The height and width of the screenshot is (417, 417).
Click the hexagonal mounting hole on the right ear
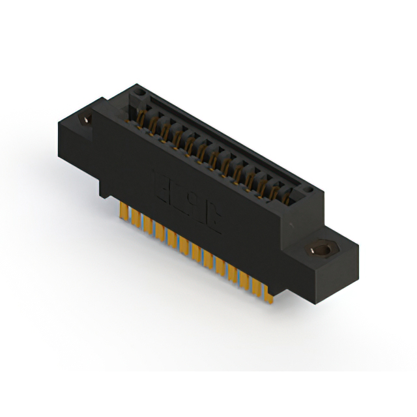point(320,250)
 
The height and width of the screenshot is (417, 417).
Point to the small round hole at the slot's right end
point(309,192)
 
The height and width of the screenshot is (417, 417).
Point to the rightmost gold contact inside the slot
point(286,195)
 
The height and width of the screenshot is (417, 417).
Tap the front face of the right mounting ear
point(306,274)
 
